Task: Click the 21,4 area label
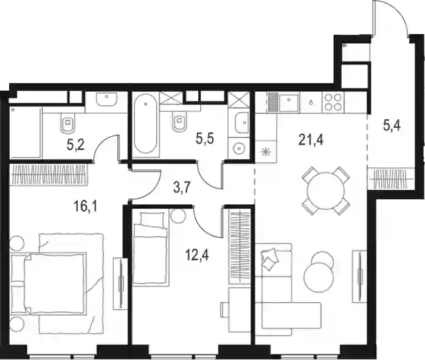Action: click(311, 140)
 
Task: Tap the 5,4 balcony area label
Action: click(392, 126)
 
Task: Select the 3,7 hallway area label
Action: click(182, 187)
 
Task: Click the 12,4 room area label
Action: click(197, 255)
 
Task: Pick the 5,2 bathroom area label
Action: click(75, 145)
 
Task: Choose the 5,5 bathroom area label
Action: click(205, 139)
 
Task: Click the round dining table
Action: click(325, 190)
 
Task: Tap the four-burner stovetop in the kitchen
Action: click(333, 102)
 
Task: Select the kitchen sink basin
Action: click(289, 102)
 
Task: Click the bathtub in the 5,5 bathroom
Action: click(145, 123)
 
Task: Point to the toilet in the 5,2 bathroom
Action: click(67, 123)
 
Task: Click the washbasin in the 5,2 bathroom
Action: click(107, 99)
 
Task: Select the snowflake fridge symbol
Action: click(266, 151)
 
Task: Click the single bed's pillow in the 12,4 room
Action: click(152, 218)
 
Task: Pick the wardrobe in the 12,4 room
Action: click(240, 247)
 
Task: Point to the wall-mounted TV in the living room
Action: click(359, 276)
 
